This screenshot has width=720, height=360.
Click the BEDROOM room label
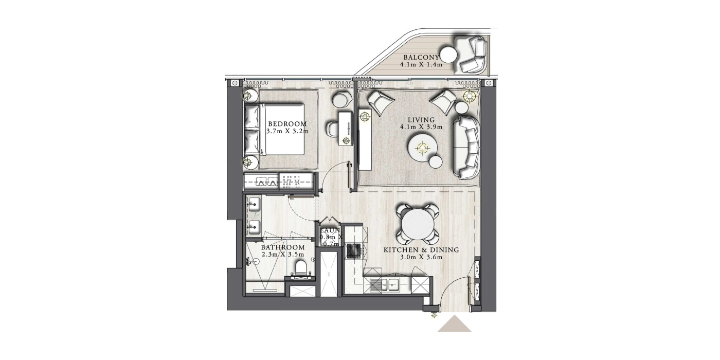click(287, 124)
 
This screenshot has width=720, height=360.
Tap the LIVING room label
click(421, 120)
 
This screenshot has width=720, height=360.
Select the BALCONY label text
click(421, 58)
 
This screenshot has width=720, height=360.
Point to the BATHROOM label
click(283, 247)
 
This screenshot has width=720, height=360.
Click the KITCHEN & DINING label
click(421, 250)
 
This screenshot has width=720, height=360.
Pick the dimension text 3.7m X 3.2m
click(287, 131)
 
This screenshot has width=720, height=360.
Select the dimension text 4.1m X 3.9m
click(421, 127)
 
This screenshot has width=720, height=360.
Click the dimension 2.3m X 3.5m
click(283, 255)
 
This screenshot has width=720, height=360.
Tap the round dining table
click(417, 224)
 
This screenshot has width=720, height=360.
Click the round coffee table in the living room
click(422, 148)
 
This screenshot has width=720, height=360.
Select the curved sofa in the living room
click(466, 148)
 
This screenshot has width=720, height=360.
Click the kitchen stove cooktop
click(354, 251)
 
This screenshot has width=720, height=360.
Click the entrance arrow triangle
click(454, 323)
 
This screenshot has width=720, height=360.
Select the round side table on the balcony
click(448, 56)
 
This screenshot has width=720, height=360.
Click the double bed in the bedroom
click(274, 129)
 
